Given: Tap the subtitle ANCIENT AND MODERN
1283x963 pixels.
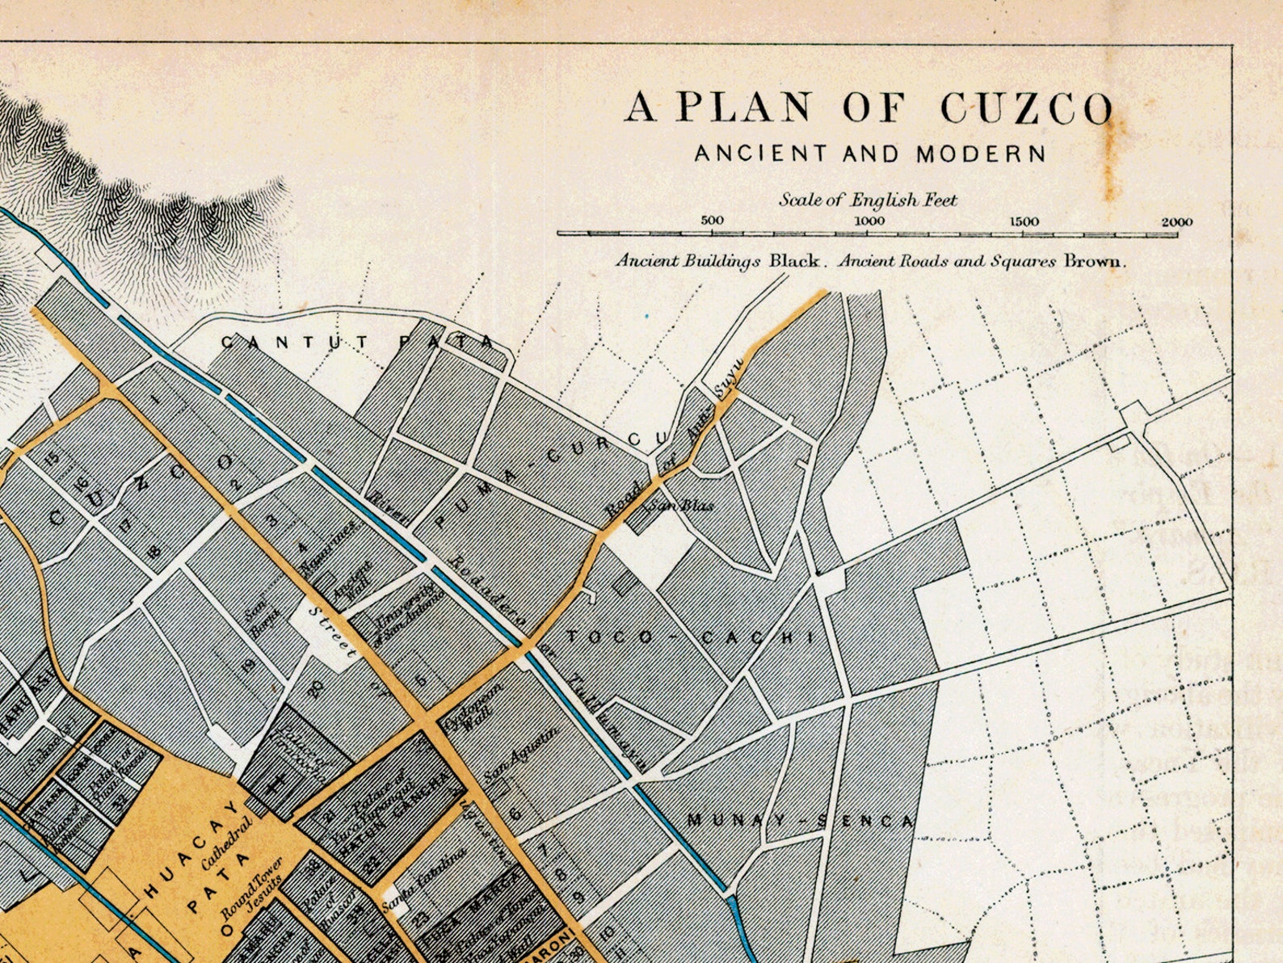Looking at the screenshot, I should coord(869,153).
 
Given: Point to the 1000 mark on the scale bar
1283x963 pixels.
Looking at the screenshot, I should coord(869,221).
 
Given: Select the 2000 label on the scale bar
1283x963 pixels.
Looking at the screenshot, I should coord(1176,222).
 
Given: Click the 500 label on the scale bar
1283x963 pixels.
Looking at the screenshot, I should coord(712,221).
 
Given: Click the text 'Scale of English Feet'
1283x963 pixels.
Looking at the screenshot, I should coord(867,200).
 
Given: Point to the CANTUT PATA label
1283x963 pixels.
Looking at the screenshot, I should coord(356,343).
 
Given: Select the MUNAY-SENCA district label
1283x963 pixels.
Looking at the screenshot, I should coord(799,821).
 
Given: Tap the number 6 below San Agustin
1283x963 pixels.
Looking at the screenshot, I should coord(515,813).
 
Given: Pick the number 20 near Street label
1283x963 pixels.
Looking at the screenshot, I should coord(315,688).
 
